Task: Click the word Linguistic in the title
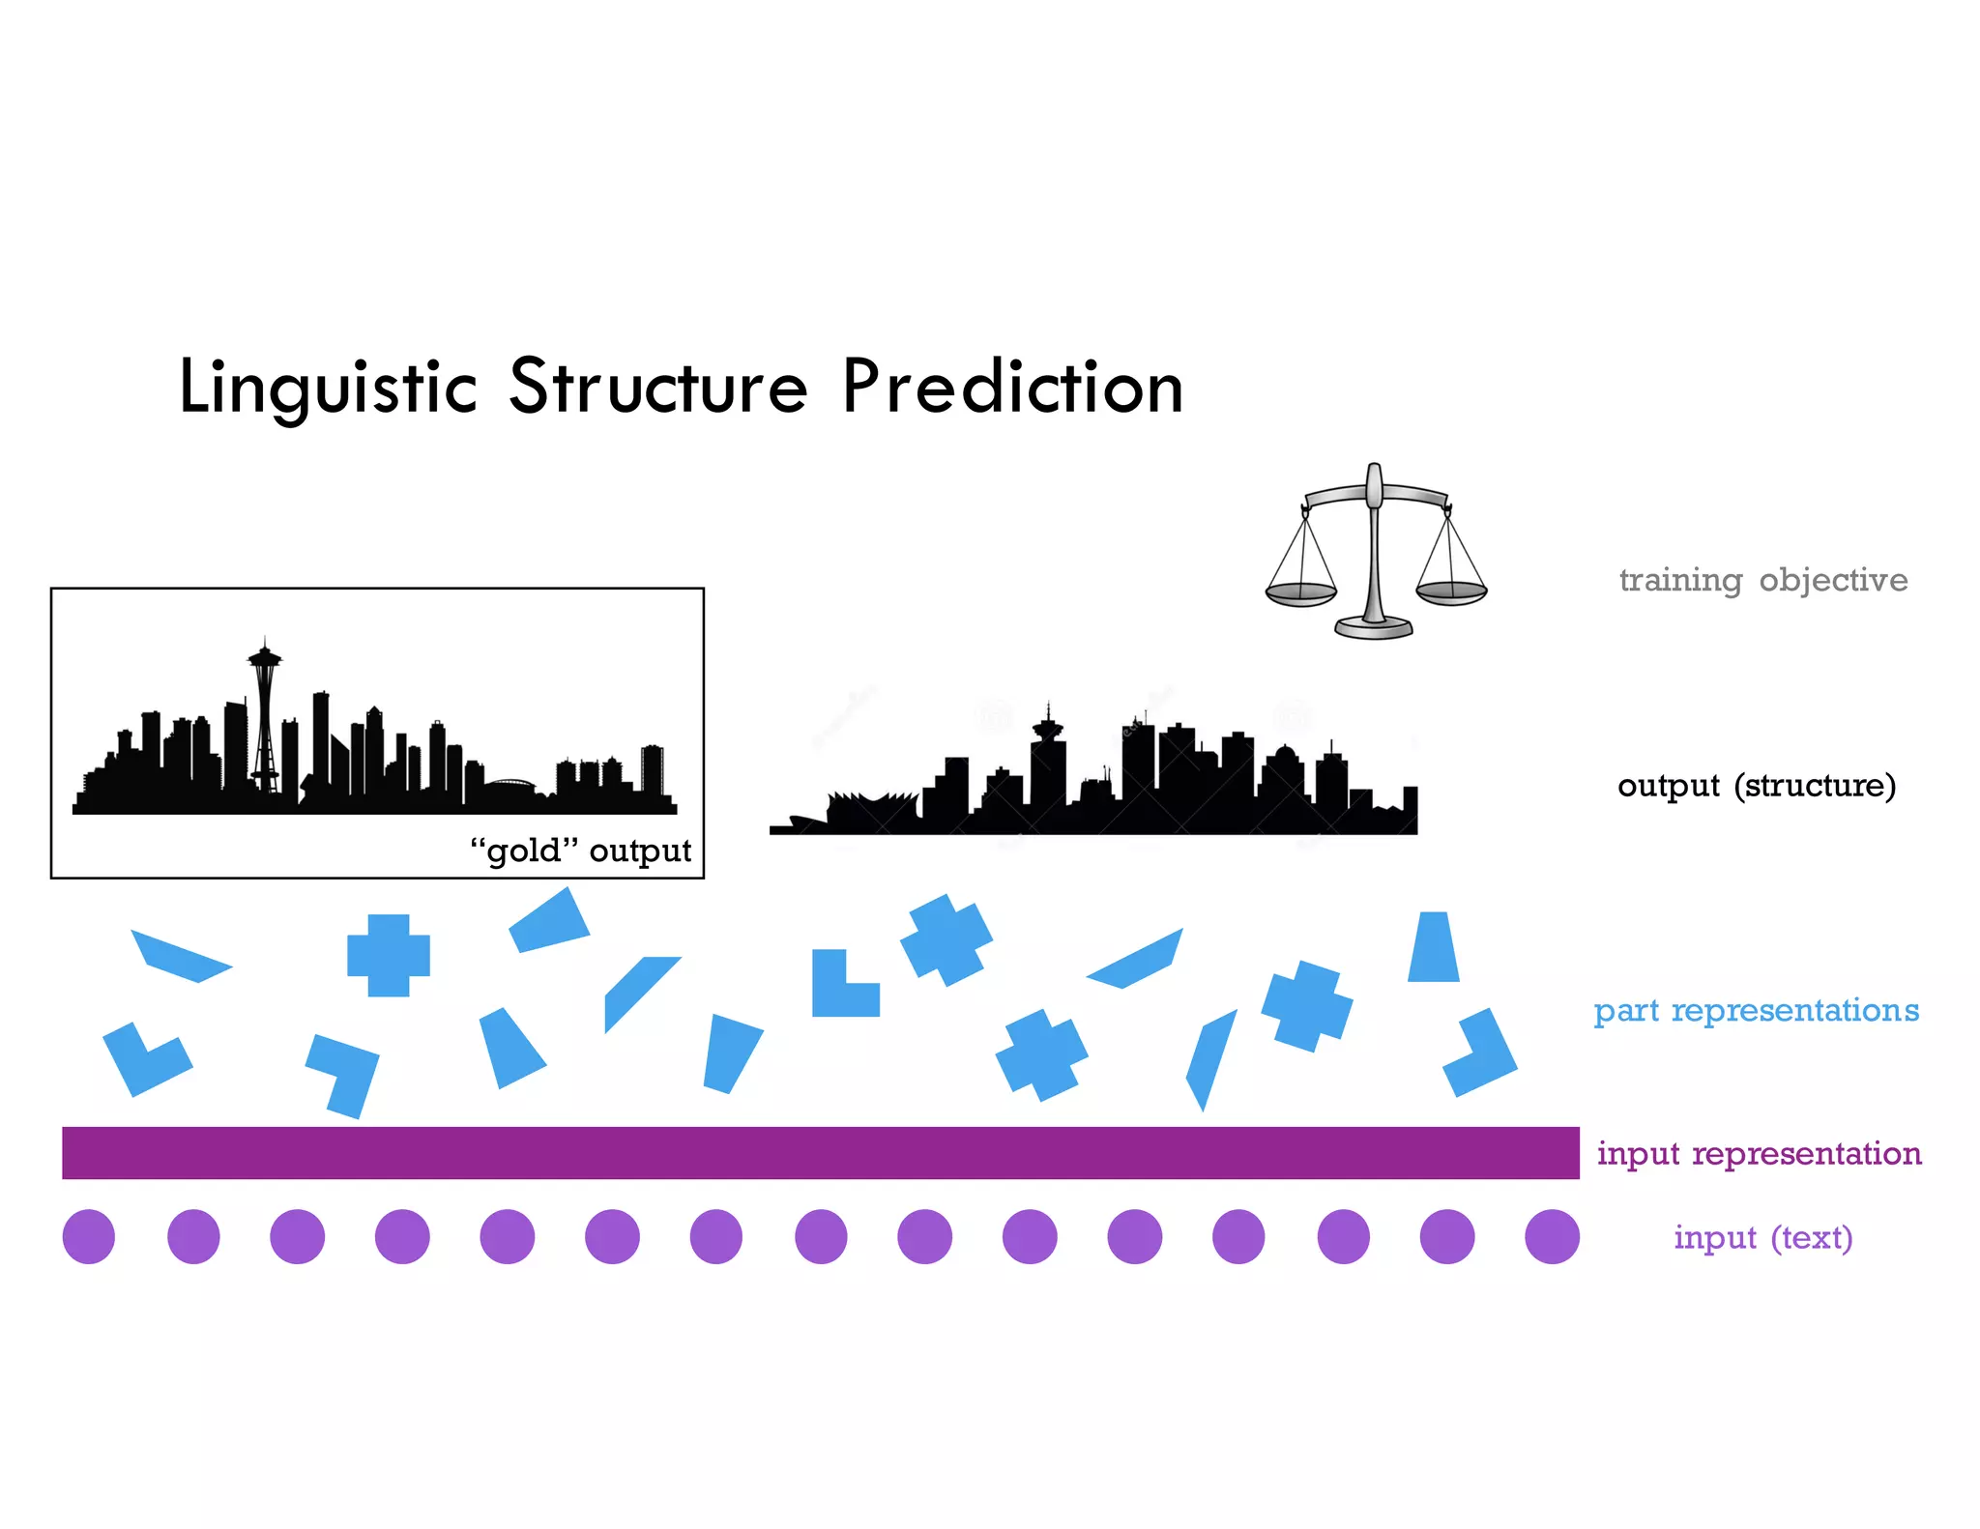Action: click(x=328, y=387)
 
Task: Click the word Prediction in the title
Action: click(x=1012, y=387)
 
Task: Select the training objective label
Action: click(x=1762, y=580)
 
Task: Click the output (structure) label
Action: click(x=1756, y=785)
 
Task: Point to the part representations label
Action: click(x=1756, y=1010)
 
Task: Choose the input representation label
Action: click(x=1759, y=1153)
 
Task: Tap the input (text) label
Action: click(x=1762, y=1237)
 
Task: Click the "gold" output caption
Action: click(x=580, y=851)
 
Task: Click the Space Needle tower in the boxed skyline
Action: click(x=264, y=715)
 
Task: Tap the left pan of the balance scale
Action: click(x=1301, y=592)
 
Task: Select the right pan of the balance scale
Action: click(x=1451, y=591)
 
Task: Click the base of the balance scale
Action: click(x=1374, y=628)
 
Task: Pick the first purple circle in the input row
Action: click(x=89, y=1236)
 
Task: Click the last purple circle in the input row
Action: click(x=1552, y=1236)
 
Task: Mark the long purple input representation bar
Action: click(x=820, y=1152)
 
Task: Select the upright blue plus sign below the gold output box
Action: click(x=389, y=955)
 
